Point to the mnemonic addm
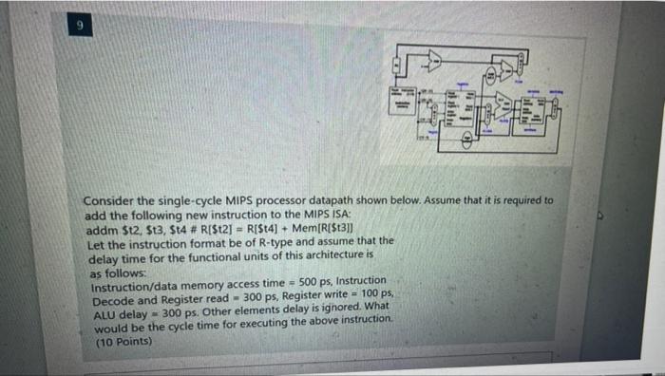coord(102,229)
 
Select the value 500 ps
coord(314,282)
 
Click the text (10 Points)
coord(123,339)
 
